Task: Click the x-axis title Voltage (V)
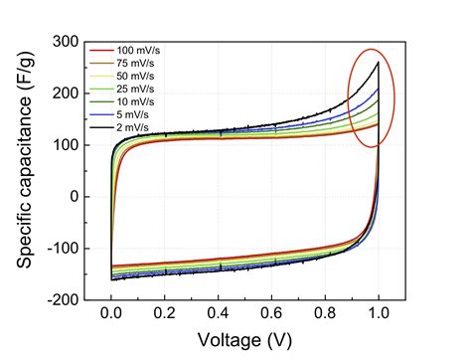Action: (244, 341)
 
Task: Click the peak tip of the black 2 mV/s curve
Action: (379, 63)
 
